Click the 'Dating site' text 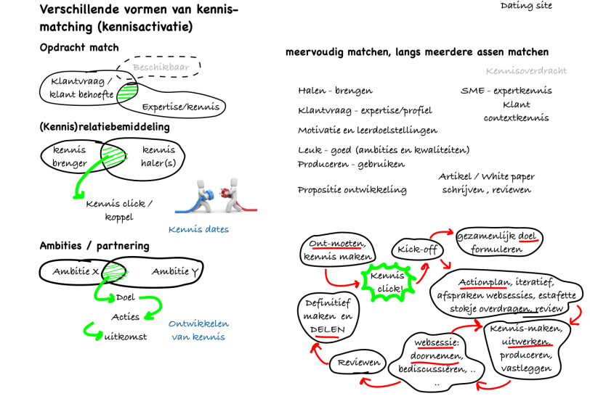tap(526, 6)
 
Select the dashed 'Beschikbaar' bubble tap(161, 67)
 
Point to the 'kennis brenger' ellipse tap(69, 156)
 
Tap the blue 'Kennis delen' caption tap(198, 230)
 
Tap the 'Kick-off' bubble tap(411, 249)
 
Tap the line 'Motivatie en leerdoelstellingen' tap(368, 131)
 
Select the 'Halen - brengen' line tap(335, 91)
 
